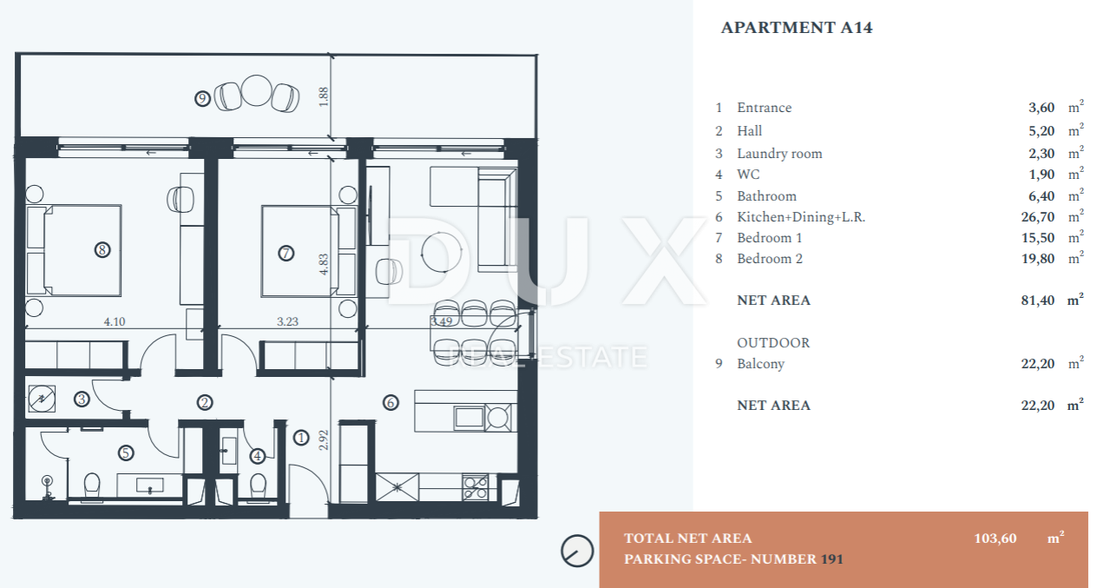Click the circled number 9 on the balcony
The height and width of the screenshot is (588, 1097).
pos(202,99)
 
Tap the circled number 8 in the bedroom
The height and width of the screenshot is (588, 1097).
pos(102,250)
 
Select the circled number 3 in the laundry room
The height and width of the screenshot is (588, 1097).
pos(82,400)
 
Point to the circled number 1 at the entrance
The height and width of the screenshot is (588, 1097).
pos(301,438)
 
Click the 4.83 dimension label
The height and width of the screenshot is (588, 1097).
pos(324,264)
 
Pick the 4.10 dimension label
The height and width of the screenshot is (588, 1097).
pos(115,322)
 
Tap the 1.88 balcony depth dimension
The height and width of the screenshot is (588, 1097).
pos(324,96)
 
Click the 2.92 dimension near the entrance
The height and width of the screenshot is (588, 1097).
pos(324,440)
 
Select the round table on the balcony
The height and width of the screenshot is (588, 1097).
pos(257,90)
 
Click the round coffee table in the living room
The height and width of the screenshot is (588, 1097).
pos(442,252)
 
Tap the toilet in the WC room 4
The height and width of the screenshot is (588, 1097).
pos(258,486)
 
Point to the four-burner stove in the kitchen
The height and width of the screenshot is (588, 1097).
pos(476,487)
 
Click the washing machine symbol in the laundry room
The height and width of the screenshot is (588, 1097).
pos(42,400)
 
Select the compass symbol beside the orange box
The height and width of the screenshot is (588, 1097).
pos(577,551)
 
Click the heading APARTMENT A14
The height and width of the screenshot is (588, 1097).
pos(797,28)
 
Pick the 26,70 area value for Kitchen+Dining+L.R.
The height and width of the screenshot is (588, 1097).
pos(1038,217)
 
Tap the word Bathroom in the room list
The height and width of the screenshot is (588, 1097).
pos(767,196)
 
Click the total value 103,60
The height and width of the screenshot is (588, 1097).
pos(995,538)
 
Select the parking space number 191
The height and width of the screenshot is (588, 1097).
pos(832,559)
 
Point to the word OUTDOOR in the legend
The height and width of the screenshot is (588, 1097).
pos(773,343)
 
